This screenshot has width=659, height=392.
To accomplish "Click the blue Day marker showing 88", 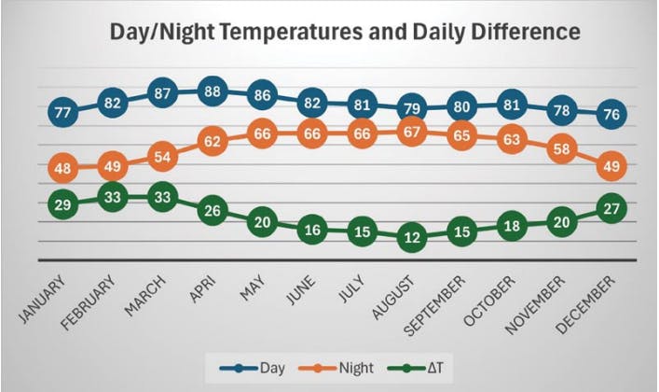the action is point(213,91).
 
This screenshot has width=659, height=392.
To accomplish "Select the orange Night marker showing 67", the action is point(412,133).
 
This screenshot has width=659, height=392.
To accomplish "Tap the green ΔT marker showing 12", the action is point(412,238).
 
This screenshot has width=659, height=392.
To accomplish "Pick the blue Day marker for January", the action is point(63,112).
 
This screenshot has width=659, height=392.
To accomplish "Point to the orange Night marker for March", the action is point(162,157).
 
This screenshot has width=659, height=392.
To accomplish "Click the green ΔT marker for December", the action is point(611,208).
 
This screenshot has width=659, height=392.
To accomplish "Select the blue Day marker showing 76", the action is point(611,114).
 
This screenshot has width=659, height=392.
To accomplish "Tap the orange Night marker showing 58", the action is point(561,148).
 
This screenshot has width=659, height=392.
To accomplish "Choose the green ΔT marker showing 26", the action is point(213,210).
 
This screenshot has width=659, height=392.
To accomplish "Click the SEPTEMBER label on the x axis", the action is point(435,305).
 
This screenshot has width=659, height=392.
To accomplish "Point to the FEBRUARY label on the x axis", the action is point(88,301).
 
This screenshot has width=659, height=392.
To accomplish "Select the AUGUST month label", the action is point(393,297).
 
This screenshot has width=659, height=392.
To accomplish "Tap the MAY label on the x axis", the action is point(253,287).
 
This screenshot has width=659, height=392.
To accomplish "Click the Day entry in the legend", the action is point(253,369).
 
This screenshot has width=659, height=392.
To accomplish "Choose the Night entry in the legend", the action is point(336,369).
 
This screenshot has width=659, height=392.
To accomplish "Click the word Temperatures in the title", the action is point(291,32).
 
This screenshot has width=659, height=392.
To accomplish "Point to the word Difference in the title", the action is point(526,32).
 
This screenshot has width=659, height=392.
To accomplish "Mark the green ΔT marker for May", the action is point(262,222).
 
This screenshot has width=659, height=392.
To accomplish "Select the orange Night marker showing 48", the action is point(63,168).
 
